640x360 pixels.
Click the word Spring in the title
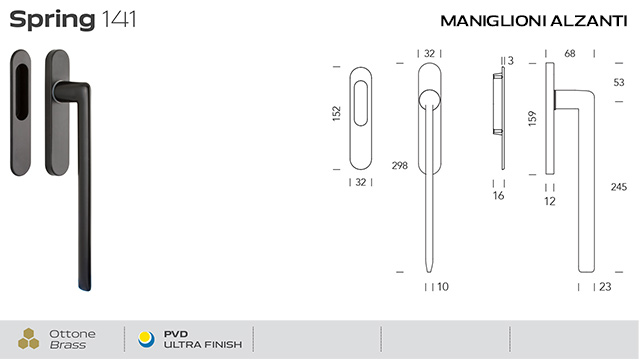pyautogui.click(x=52, y=20)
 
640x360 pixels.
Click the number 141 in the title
pyautogui.click(x=118, y=19)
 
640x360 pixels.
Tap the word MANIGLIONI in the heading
pyautogui.click(x=493, y=21)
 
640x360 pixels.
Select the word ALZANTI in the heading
pyautogui.click(x=589, y=21)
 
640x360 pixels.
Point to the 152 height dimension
pyautogui.click(x=336, y=113)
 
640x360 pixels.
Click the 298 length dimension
pyautogui.click(x=400, y=166)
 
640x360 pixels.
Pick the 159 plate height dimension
pyautogui.click(x=532, y=118)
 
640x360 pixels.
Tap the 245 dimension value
pyautogui.click(x=618, y=187)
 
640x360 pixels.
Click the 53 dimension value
pyautogui.click(x=619, y=82)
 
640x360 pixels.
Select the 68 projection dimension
pyautogui.click(x=570, y=53)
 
